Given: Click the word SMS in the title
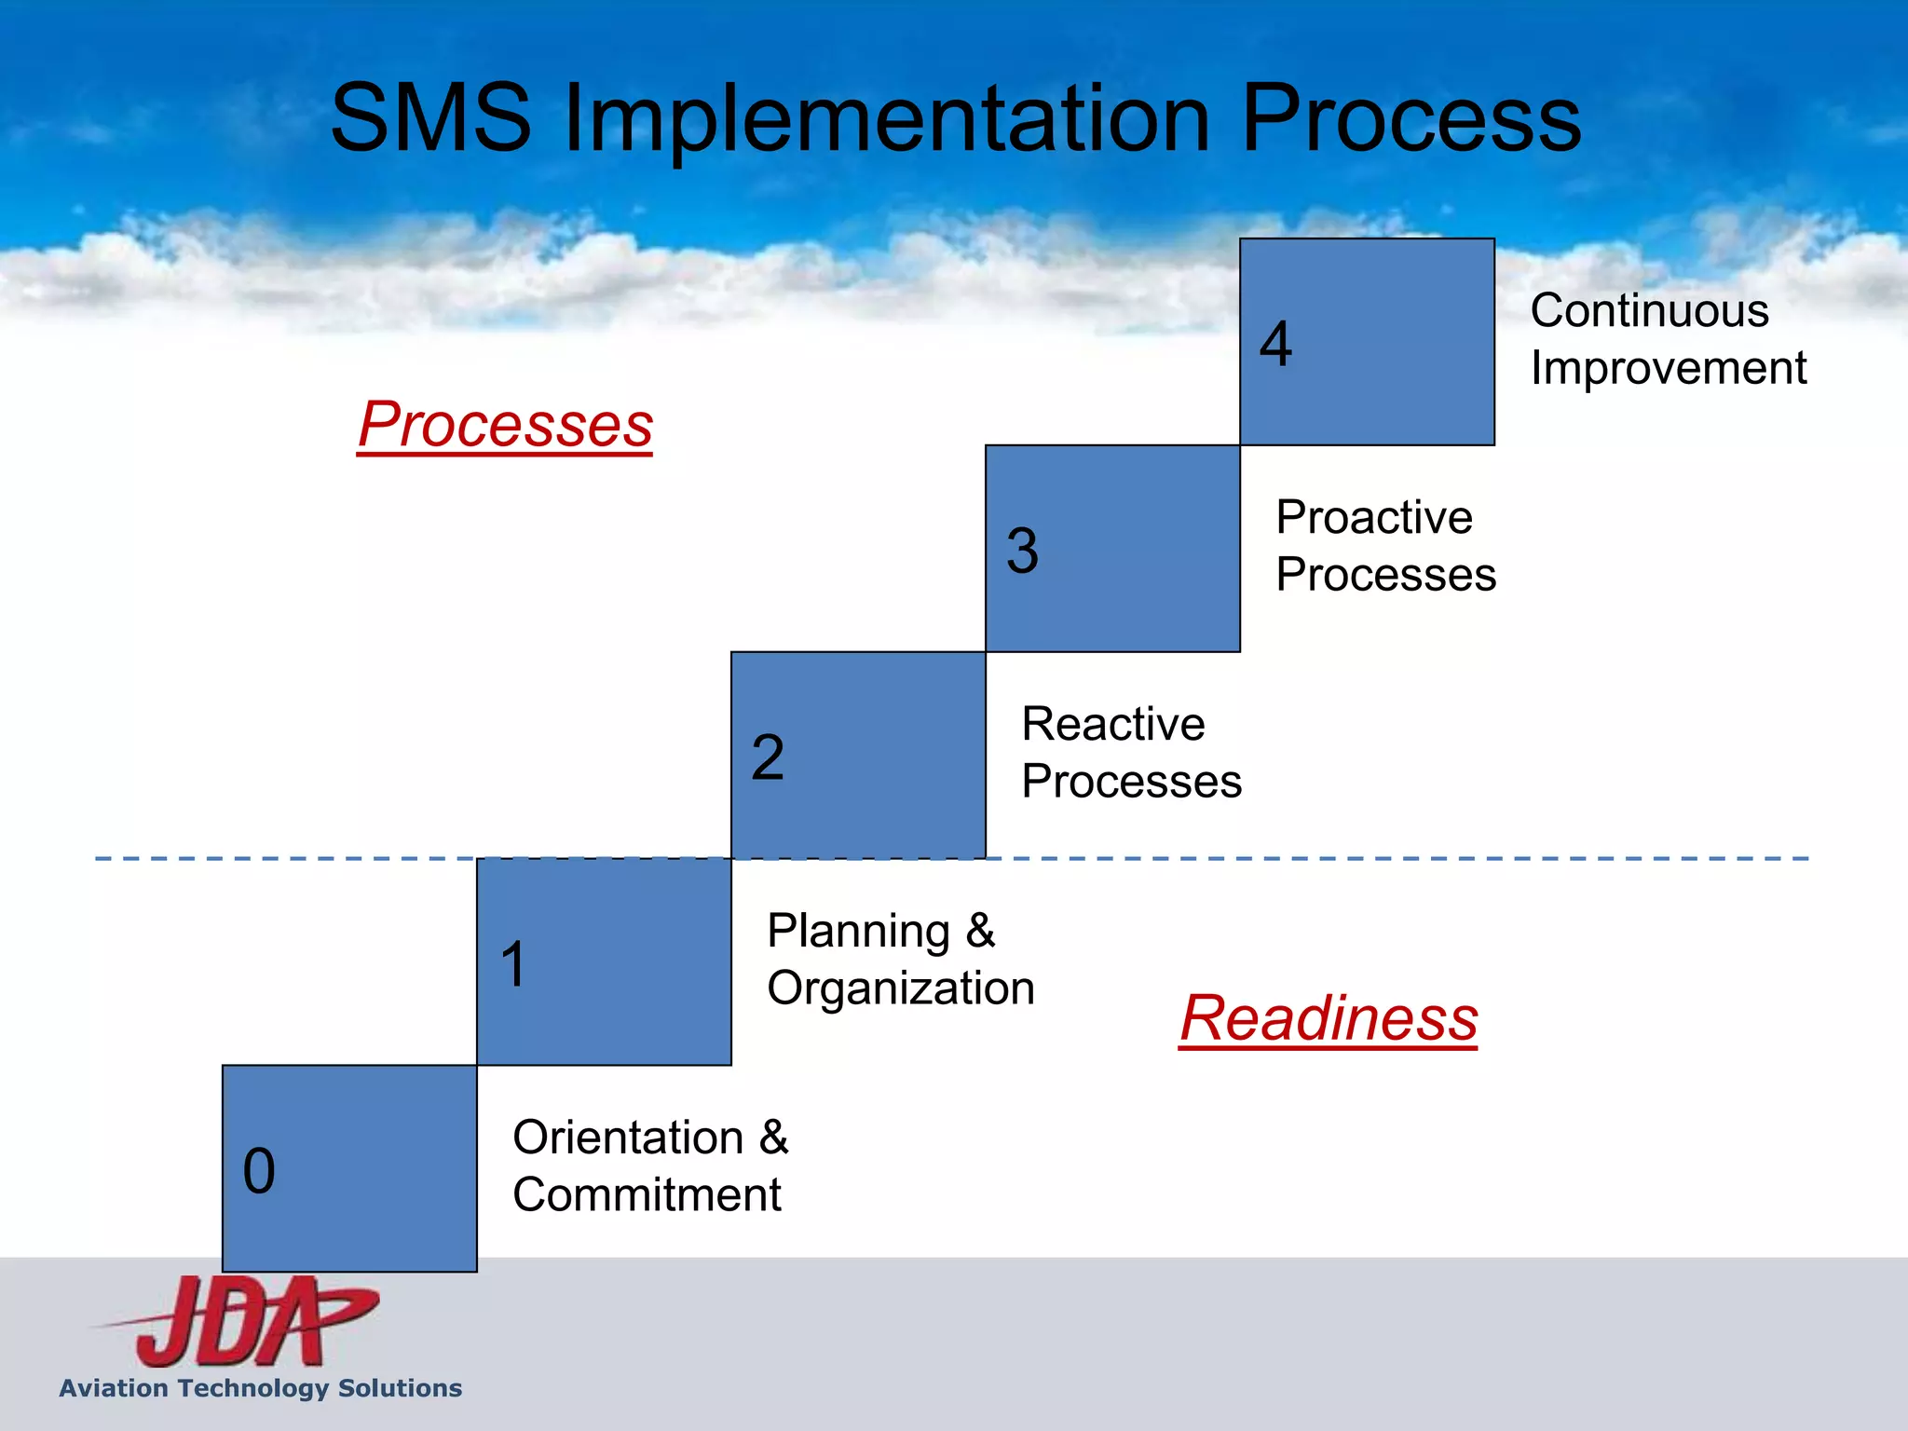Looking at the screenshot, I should click(430, 118).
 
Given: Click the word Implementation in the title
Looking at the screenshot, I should click(886, 118).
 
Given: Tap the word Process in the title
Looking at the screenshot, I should click(1411, 118).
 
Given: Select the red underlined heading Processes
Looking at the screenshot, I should click(505, 425).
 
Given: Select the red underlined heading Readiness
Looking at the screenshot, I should click(1328, 1018).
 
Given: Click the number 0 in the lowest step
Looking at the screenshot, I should click(259, 1171).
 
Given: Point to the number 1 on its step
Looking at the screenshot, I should click(513, 964).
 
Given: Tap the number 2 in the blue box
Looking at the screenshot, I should click(768, 756).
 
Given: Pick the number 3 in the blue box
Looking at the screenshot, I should click(1022, 551).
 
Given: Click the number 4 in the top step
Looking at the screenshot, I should click(1275, 344).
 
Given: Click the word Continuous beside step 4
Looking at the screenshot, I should click(1649, 310).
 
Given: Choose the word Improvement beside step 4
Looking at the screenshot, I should click(1668, 368).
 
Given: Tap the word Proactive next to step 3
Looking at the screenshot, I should click(1374, 517).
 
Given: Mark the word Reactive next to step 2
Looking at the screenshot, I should click(1113, 724).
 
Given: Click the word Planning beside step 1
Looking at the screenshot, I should click(858, 931).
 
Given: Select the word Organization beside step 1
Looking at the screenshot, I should click(900, 988).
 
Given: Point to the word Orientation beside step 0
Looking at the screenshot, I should click(628, 1138).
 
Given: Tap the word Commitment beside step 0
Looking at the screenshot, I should click(647, 1195).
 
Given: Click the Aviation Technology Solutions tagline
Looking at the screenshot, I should click(261, 1388).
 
